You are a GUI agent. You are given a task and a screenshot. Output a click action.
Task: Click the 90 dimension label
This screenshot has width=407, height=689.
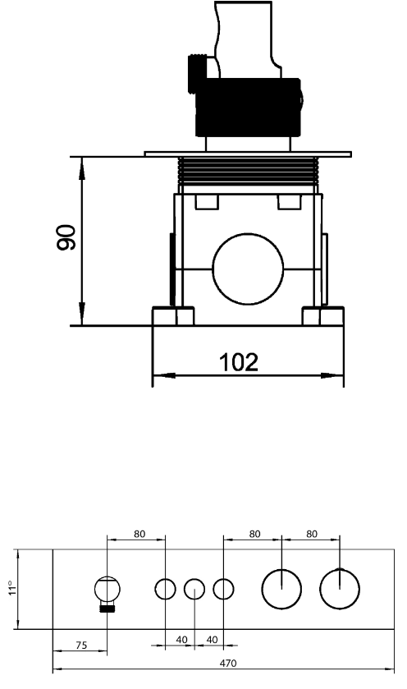point(68,238)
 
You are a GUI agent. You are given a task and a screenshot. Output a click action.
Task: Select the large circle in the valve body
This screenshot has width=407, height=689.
point(247,268)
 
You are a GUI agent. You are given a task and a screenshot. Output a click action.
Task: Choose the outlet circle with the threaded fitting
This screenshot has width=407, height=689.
point(107,590)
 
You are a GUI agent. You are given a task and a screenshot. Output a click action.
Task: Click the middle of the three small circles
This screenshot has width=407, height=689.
point(194,589)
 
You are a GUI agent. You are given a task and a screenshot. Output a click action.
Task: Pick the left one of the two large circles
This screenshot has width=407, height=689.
point(281,588)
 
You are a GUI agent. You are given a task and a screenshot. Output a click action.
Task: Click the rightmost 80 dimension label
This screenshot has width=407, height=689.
point(311,534)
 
